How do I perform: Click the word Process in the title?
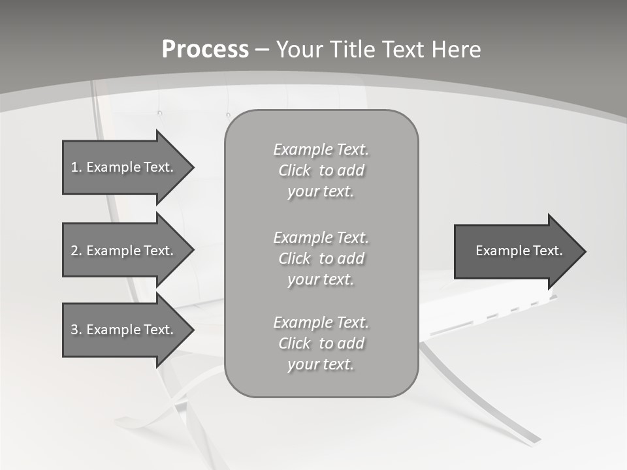[205, 50]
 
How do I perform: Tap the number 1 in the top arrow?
[74, 167]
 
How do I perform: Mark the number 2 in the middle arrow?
[74, 251]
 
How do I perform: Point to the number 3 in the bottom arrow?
[74, 330]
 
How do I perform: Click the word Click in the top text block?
[295, 170]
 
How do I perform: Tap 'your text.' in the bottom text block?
[321, 364]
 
